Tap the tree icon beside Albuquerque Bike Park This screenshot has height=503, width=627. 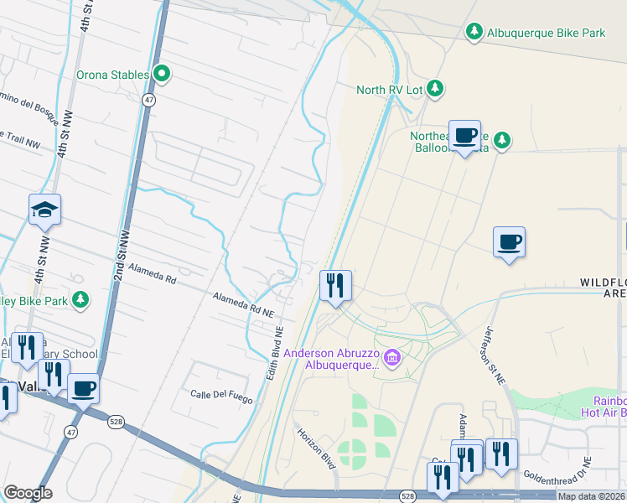pos(474,32)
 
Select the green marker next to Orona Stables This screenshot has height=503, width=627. pos(162,75)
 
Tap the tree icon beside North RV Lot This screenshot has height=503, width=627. pos(434,88)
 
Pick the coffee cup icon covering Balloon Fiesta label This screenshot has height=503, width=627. pos(464,135)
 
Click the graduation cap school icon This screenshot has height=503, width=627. pos(45,210)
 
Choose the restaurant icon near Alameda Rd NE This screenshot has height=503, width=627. pos(335,286)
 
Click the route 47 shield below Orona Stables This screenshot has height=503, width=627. pos(148,99)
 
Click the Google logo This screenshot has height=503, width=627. pos(28,493)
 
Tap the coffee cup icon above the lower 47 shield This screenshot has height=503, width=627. pos(83,389)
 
